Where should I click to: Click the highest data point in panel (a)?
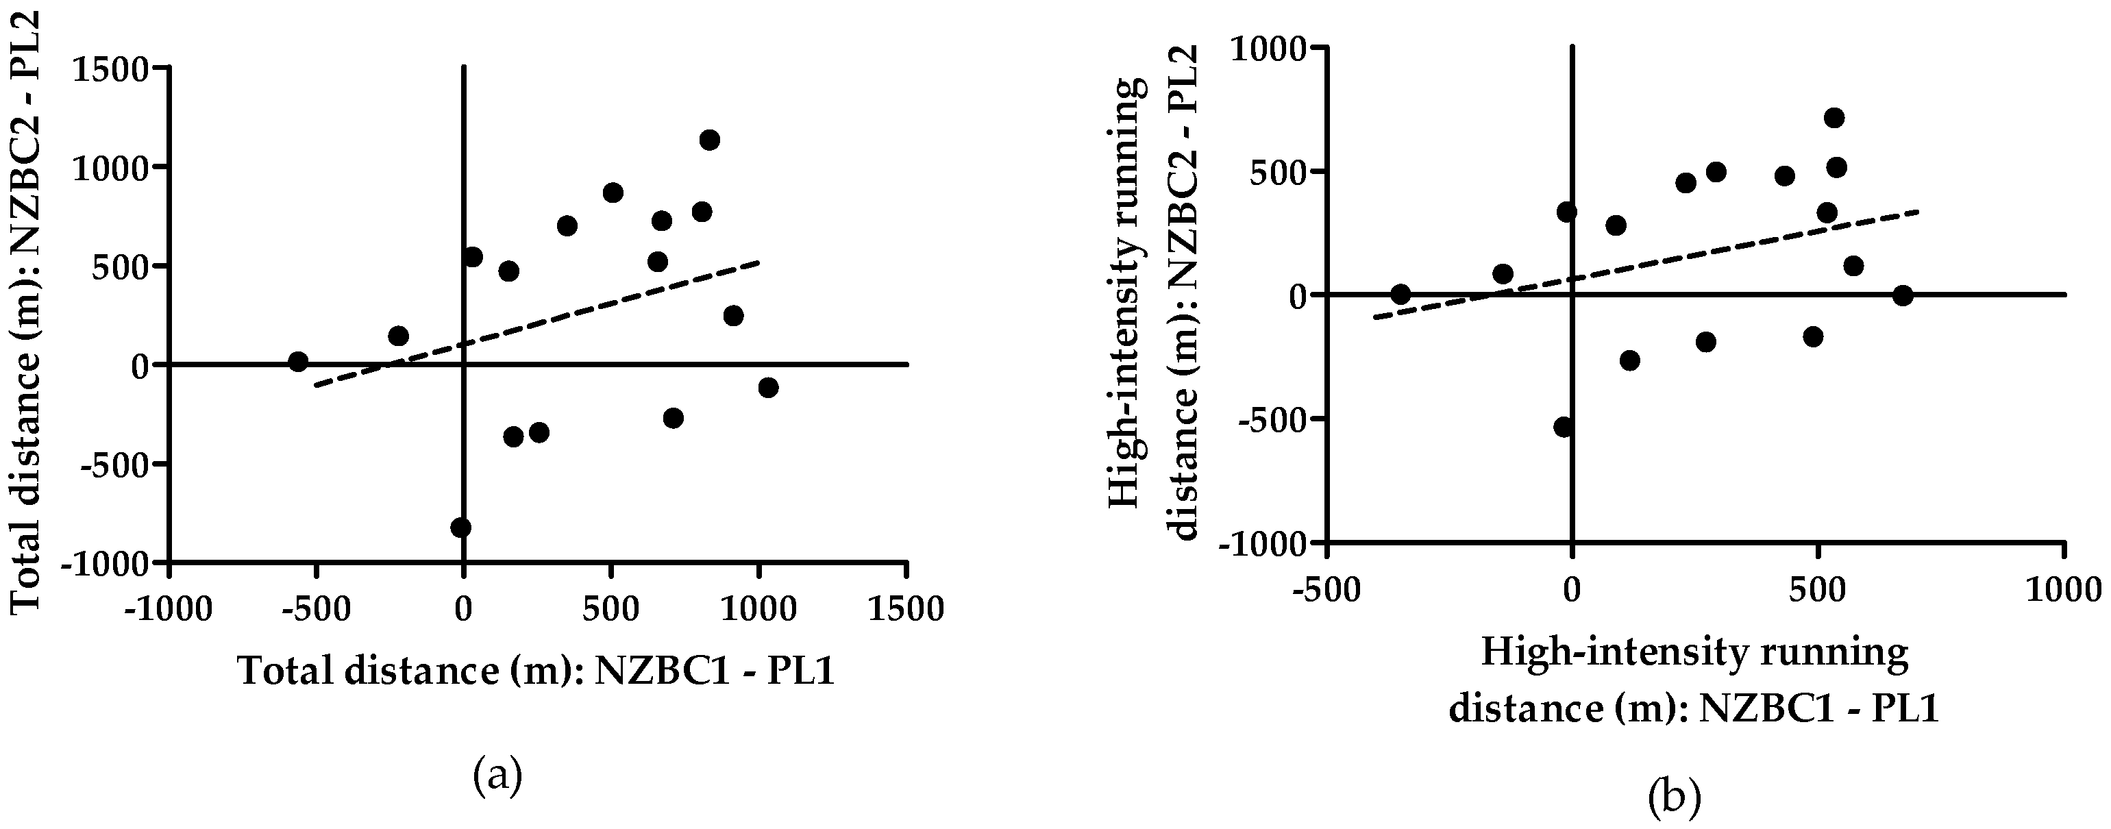tap(710, 140)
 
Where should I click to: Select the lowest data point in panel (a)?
tap(460, 527)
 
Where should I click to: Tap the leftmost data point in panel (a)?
tap(298, 361)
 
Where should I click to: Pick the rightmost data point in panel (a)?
tap(768, 388)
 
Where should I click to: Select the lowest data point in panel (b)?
tap(1564, 427)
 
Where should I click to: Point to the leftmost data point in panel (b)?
tap(1400, 294)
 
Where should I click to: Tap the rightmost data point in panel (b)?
tap(1903, 296)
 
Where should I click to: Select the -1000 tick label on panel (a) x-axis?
tap(168, 610)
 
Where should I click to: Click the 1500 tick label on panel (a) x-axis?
tap(906, 610)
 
